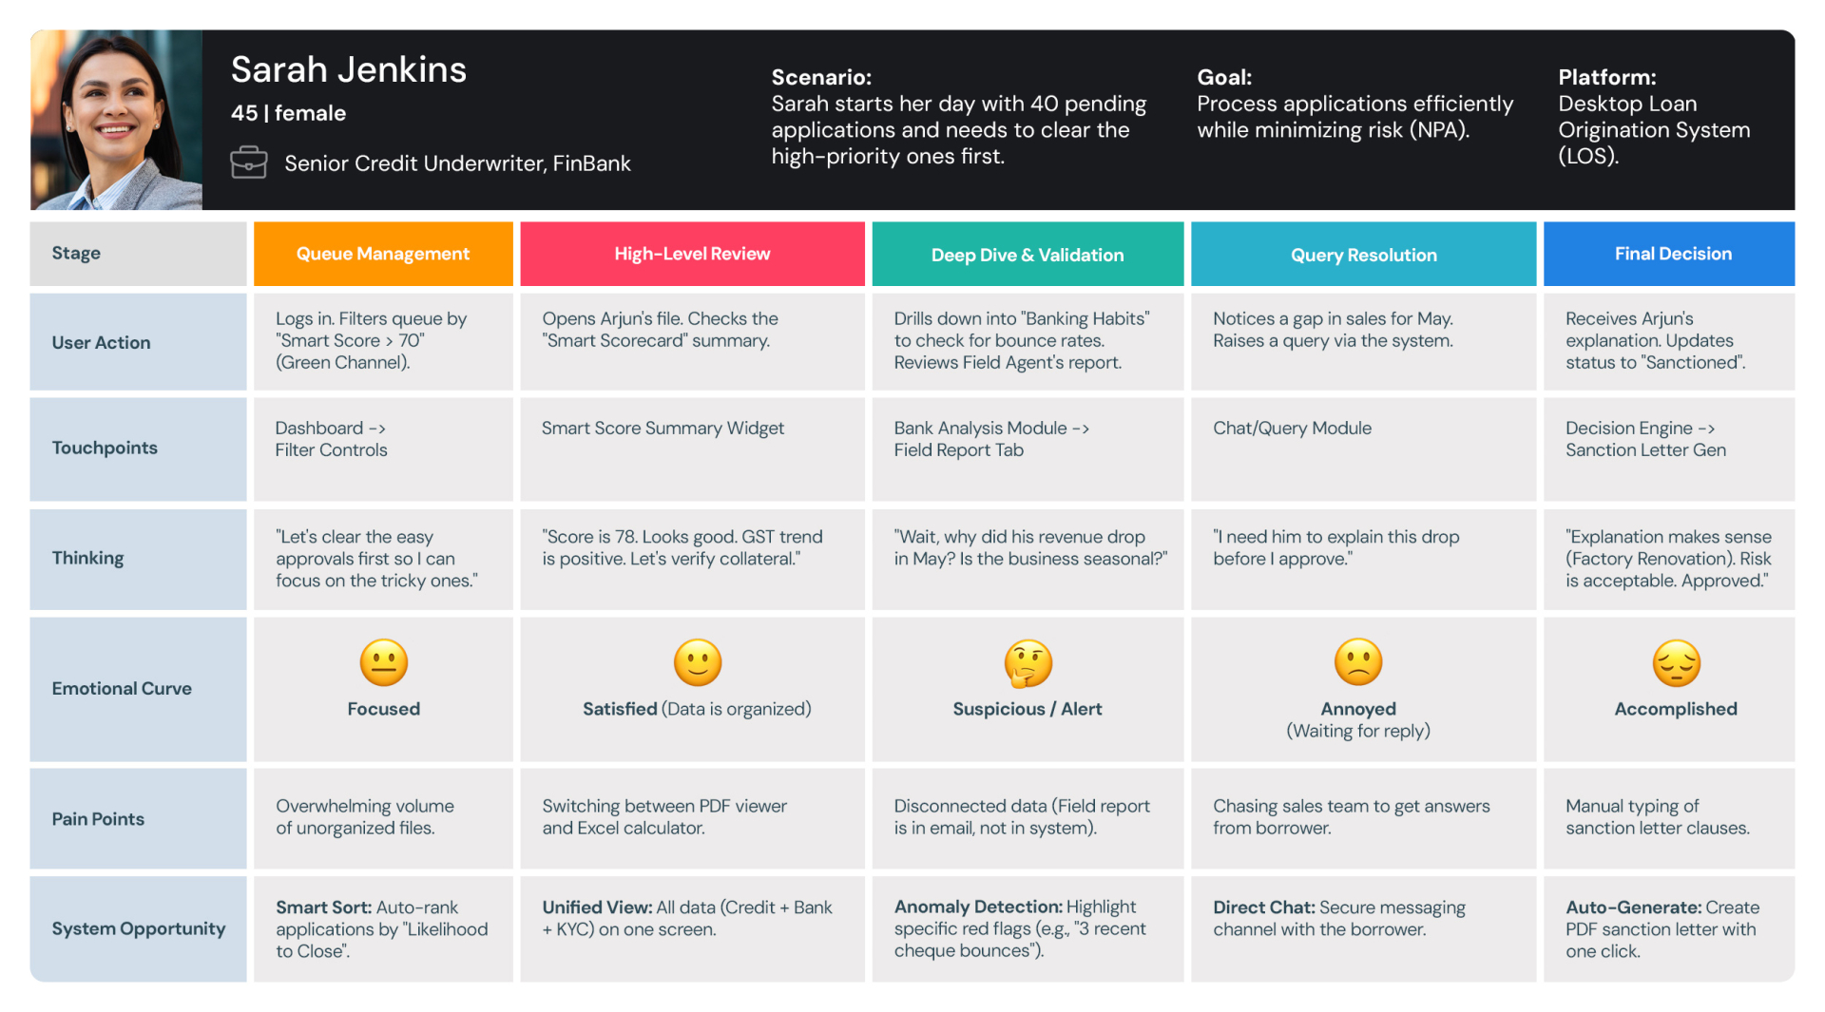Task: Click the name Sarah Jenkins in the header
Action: pos(348,69)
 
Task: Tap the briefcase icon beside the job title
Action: pos(248,162)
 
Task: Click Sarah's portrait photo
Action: pos(116,120)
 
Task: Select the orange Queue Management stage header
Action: pos(383,254)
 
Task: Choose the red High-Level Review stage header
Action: pos(692,254)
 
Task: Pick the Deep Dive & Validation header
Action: pos(1028,255)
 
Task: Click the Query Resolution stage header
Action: pos(1363,255)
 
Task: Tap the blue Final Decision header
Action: pos(1673,254)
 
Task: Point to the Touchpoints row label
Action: pos(105,448)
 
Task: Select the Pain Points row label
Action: pos(98,819)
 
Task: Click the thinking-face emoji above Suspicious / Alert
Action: pos(1028,662)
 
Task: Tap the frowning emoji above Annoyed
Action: pos(1358,661)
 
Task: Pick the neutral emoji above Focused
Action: pos(383,662)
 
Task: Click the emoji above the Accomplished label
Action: pos(1676,662)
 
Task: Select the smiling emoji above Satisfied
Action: pos(697,662)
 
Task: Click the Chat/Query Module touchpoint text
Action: pos(1292,428)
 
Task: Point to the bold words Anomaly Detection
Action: pos(977,907)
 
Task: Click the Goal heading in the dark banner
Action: pos(1224,77)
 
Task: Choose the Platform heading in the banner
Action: pos(1606,77)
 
